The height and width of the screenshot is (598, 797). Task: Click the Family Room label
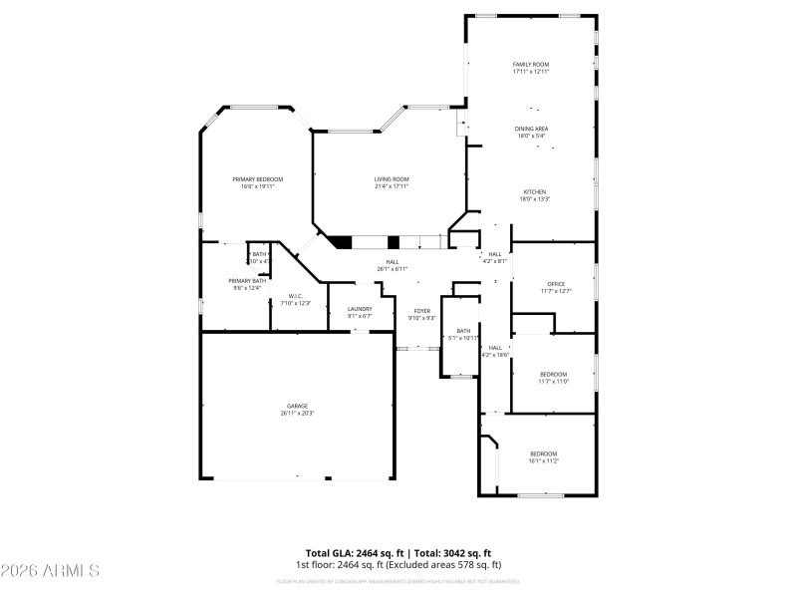(530, 64)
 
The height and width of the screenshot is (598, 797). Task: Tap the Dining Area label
(530, 129)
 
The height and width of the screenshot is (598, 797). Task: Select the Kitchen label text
(534, 191)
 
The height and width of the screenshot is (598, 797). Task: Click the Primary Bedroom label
(257, 179)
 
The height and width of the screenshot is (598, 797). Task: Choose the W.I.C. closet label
(296, 296)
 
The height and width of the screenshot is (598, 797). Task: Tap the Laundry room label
(360, 309)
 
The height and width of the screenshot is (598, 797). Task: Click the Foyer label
(421, 311)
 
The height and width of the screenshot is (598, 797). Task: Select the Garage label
(297, 406)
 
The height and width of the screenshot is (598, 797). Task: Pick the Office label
(555, 284)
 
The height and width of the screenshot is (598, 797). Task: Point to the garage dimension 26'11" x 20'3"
(297, 414)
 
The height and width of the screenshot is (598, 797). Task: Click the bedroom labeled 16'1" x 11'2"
(543, 457)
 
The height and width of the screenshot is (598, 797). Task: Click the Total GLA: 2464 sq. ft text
(350, 552)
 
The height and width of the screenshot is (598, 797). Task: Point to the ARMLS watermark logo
(50, 571)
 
